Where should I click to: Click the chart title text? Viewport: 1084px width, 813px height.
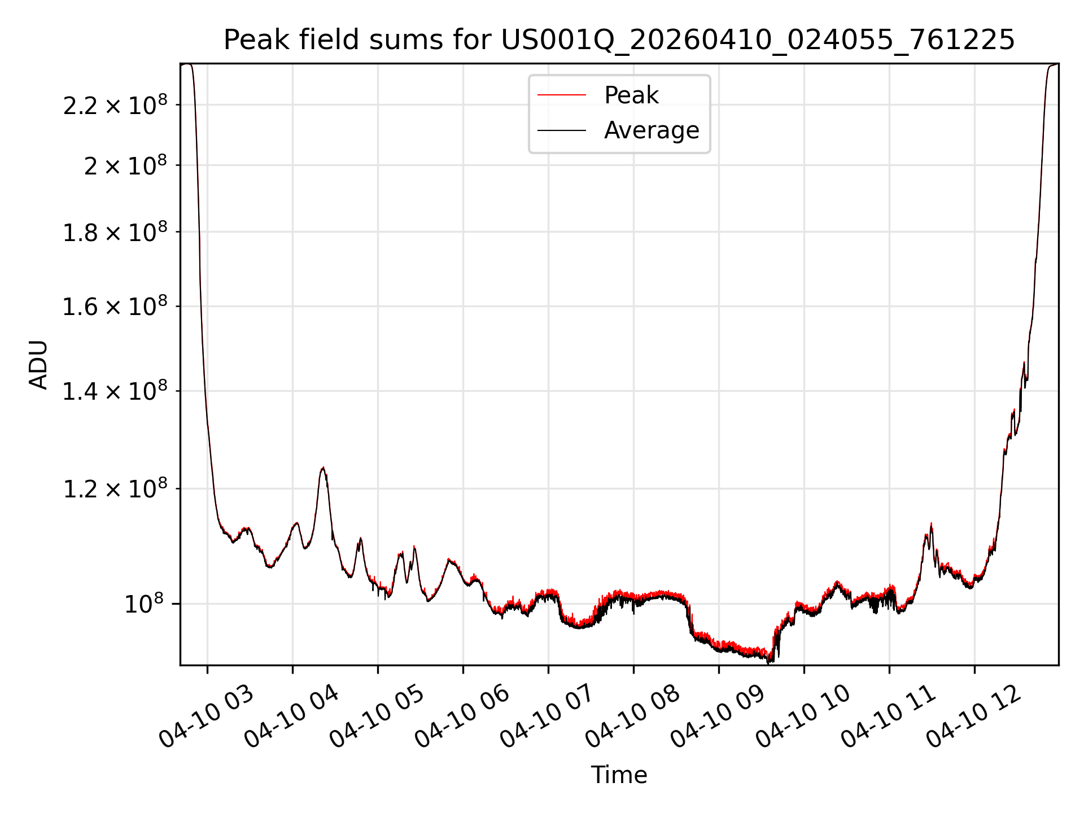pos(619,40)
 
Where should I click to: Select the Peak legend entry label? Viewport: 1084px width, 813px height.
pos(631,95)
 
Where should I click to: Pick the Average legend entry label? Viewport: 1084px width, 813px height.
pos(652,130)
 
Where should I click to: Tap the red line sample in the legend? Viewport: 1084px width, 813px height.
pos(562,95)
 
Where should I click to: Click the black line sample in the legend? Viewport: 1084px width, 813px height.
pos(562,130)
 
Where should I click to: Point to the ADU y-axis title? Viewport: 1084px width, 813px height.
pos(38,364)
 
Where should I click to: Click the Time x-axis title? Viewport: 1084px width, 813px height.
pos(619,775)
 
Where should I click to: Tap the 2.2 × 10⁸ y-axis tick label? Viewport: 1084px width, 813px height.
pos(115,105)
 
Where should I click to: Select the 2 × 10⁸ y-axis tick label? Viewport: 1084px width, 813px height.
pos(125,165)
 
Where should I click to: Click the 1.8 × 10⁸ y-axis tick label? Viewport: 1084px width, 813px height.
pos(115,232)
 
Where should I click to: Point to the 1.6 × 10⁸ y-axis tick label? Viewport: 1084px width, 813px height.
pos(115,307)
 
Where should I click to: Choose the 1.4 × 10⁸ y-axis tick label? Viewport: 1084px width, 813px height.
pos(115,391)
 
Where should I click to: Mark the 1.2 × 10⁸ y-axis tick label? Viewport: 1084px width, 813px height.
pos(115,488)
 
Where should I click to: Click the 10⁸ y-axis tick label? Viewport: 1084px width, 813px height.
pos(143,604)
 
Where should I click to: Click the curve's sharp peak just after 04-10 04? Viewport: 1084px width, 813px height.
pos(322,467)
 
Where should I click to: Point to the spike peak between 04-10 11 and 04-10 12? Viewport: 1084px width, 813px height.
pos(931,523)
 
